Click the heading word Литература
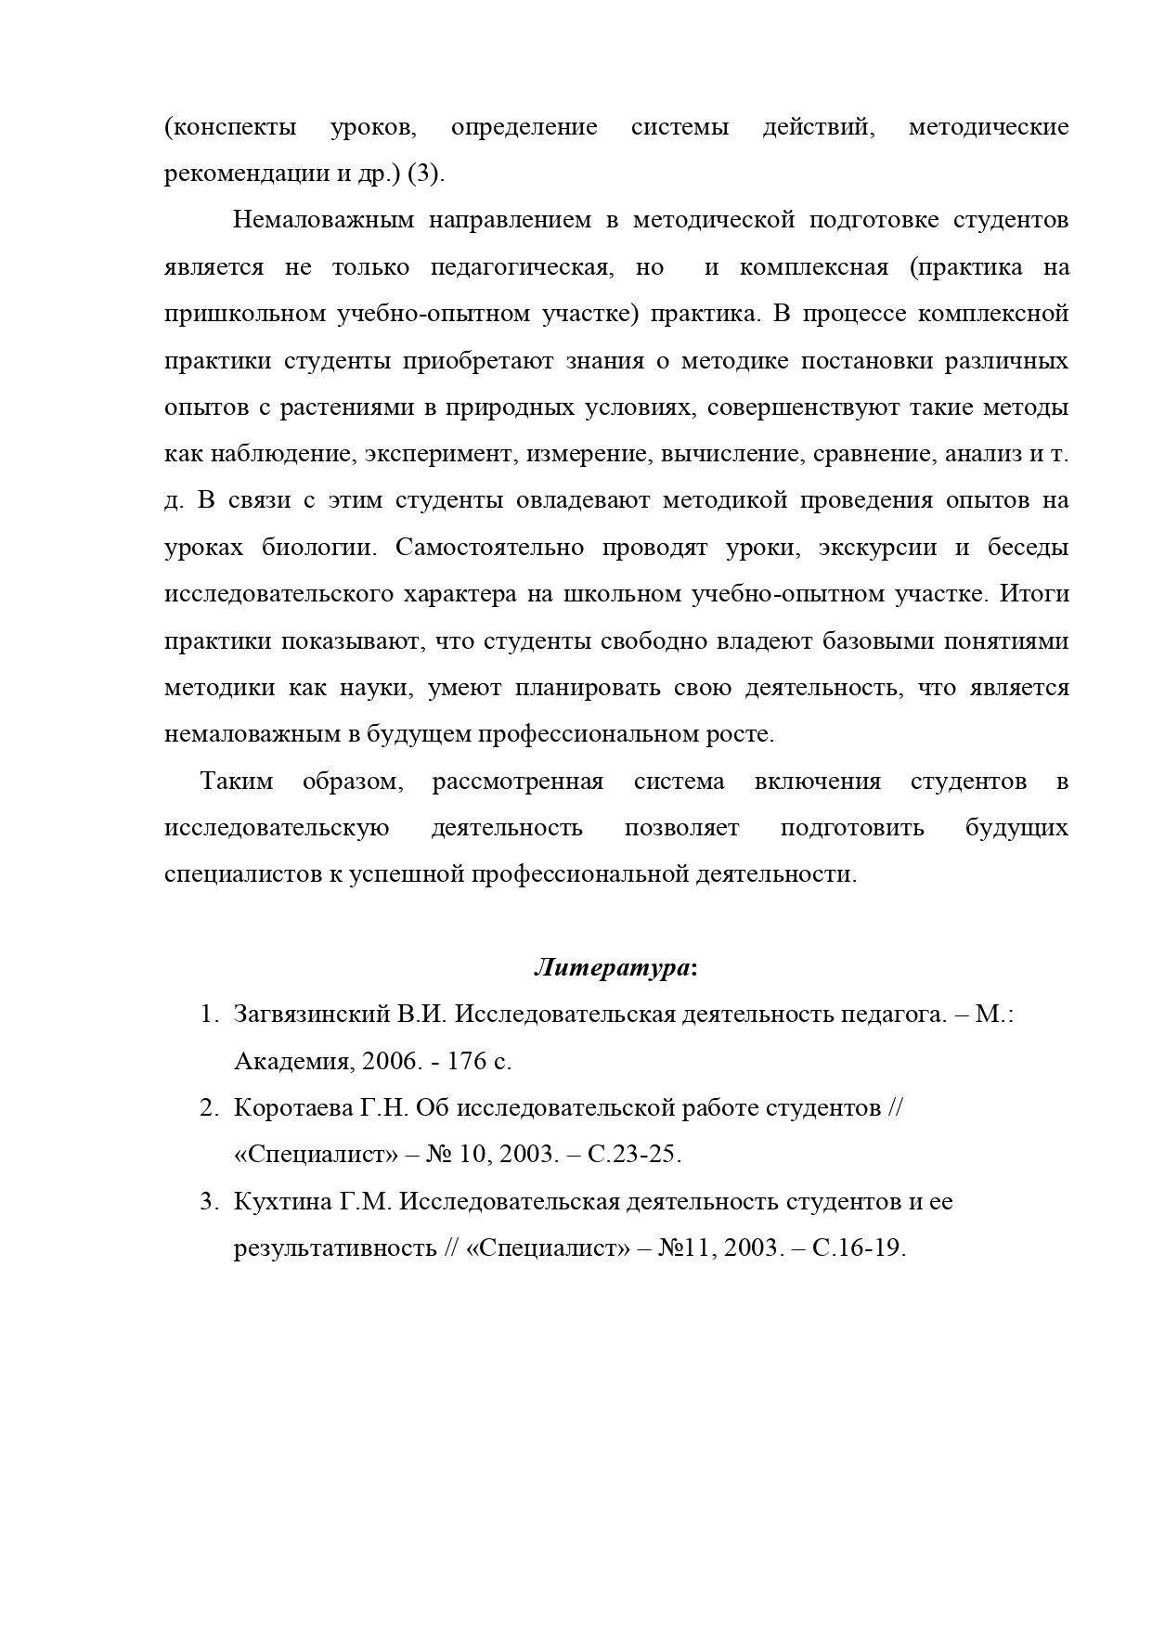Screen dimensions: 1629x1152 pos(612,968)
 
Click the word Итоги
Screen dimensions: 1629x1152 pos(1034,594)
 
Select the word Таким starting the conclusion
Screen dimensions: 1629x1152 pos(237,782)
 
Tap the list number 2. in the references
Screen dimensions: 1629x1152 pos(209,1108)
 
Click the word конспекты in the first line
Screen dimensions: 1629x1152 pos(230,127)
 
